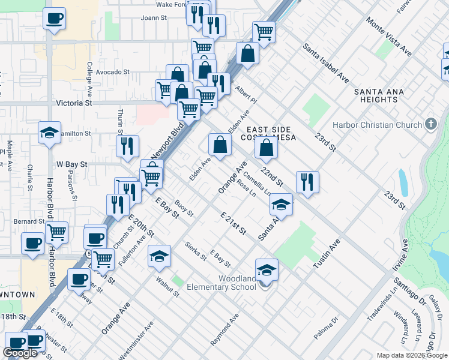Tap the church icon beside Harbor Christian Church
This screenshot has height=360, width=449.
point(430,125)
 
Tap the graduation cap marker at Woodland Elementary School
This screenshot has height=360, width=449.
point(267,270)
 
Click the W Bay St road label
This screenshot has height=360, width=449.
point(72,163)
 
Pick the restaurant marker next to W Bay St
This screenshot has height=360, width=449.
point(127,145)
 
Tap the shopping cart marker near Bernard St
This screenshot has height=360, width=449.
point(56,232)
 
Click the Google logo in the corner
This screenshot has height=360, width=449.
point(21,352)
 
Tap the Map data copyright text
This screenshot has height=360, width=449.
point(412,355)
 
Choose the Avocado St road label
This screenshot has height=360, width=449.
point(113,72)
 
